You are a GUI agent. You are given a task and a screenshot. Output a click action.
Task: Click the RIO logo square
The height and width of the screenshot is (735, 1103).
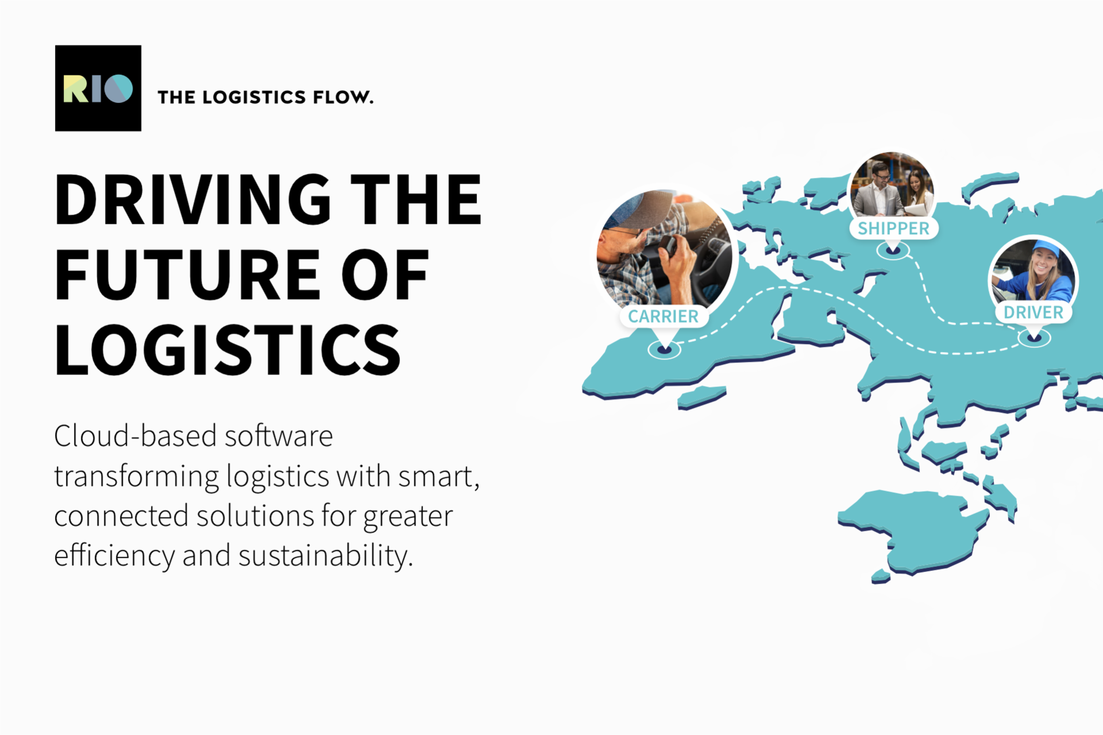(98, 88)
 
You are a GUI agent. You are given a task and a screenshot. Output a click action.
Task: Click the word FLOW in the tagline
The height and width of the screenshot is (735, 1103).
(343, 97)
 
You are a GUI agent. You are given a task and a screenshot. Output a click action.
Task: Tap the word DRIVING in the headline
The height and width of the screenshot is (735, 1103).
(193, 199)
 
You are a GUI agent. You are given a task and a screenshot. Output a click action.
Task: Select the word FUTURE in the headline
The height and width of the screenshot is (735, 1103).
(187, 274)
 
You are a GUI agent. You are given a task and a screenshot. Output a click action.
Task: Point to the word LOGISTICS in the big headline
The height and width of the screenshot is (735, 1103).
(227, 350)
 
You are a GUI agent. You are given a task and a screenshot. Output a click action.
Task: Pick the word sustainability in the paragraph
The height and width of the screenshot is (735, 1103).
(326, 556)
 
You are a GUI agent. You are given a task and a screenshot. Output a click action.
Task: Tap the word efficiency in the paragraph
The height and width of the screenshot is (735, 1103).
(114, 556)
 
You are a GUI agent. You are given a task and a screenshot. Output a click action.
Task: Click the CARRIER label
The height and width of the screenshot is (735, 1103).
(664, 316)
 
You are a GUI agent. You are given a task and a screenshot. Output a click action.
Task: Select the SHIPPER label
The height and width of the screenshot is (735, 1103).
(893, 229)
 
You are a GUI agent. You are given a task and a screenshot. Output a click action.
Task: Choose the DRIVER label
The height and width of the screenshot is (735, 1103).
(1033, 312)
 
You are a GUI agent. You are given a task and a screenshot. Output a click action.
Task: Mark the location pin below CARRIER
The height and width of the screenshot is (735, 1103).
(664, 348)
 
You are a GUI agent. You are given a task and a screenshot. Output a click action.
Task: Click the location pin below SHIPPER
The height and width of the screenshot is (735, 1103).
(893, 250)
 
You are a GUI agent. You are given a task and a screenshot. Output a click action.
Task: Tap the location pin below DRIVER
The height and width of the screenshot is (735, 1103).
(1034, 336)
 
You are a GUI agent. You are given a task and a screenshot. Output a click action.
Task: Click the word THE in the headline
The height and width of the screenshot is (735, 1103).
(416, 199)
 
